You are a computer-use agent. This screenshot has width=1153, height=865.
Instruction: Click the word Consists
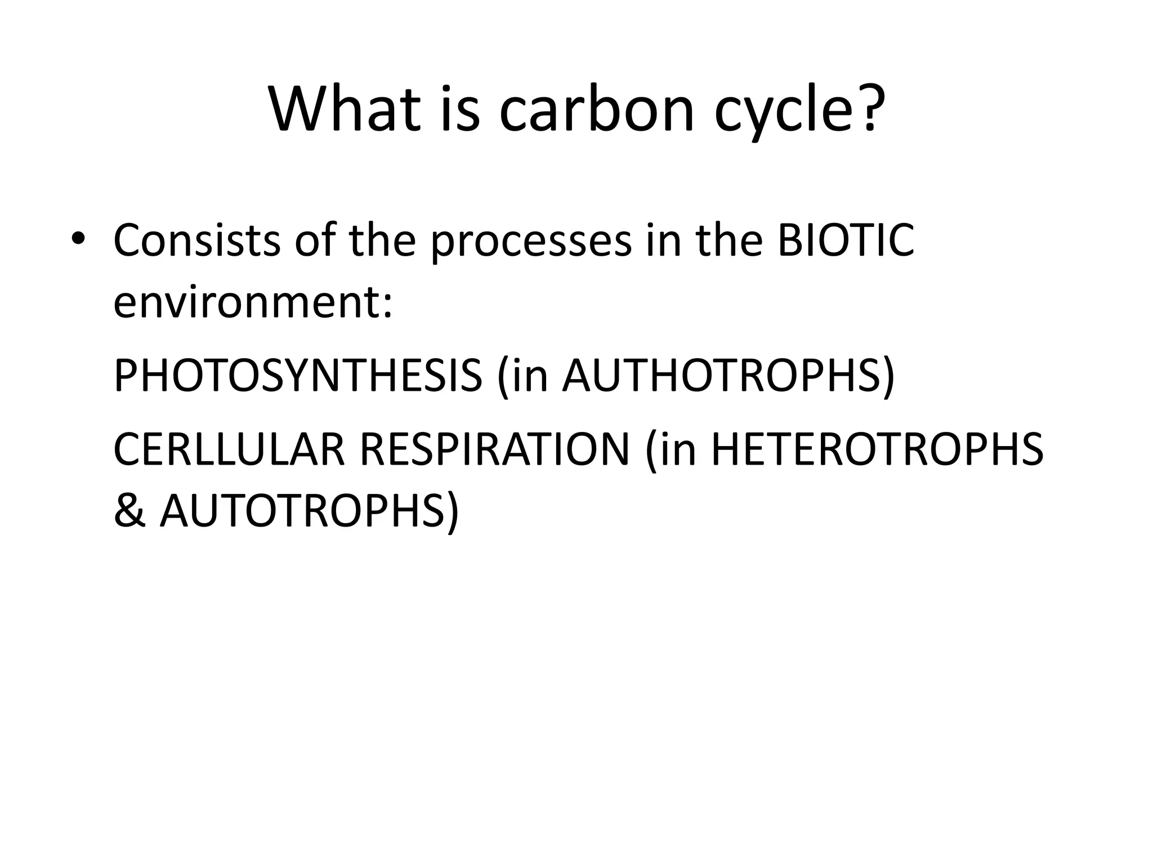pos(197,240)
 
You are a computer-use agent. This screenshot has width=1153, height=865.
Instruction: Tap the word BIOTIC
pos(846,240)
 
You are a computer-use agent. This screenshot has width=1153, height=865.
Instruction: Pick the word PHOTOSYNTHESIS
pos(298,376)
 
